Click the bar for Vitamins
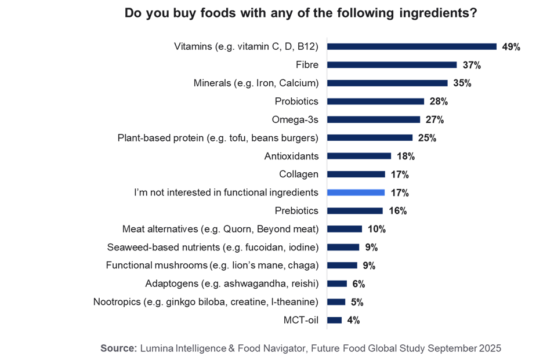412,46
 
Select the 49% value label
511,47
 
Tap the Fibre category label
307,65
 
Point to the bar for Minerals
387,83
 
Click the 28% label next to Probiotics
439,101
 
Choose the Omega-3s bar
374,119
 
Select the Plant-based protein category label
218,138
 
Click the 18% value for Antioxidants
405,156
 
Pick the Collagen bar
356,174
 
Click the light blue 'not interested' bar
356,192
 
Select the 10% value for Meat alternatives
376,229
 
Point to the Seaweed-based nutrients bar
344,247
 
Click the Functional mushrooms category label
212,266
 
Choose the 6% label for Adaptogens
358,284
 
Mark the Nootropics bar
337,302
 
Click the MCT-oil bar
335,320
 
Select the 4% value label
353,320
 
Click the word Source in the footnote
118,348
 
